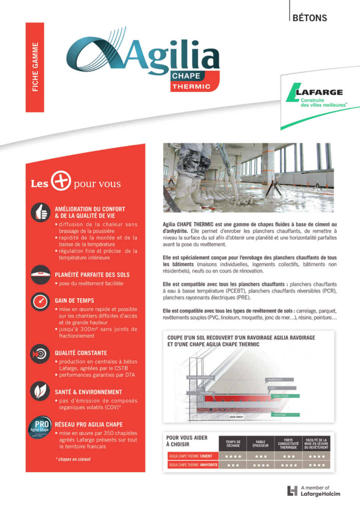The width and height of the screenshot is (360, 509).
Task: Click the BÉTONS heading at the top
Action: point(310,18)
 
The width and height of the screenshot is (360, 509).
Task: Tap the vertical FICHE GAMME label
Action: point(35,67)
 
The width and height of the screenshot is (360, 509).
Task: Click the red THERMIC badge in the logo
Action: point(191,86)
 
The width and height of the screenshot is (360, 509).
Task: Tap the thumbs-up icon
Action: point(41,212)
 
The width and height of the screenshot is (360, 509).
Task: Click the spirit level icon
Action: point(41,275)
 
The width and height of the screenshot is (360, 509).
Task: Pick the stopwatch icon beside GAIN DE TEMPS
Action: point(41,301)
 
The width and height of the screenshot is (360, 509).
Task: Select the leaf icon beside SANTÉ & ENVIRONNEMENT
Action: point(41,391)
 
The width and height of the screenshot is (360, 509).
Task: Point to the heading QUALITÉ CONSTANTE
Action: point(81,353)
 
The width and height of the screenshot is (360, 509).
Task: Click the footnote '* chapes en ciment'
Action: point(73,459)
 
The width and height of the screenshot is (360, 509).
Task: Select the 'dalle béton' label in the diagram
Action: point(236,417)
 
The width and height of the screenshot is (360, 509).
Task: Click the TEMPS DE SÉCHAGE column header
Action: point(233,444)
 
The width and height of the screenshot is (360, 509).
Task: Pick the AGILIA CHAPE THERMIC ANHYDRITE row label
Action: point(193,465)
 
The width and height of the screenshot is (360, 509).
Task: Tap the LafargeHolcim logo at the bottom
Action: point(314,491)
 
